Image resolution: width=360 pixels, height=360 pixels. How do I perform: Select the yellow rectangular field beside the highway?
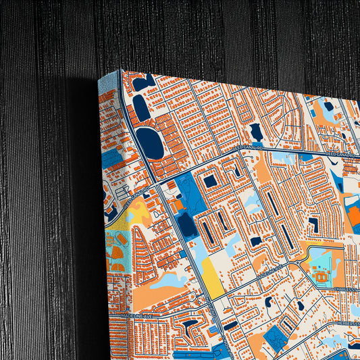pos(209,276)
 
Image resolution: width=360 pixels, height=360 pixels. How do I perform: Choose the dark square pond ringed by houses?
pos(211,181)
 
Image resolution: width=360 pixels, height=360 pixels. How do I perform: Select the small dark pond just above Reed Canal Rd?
pos(256,132)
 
